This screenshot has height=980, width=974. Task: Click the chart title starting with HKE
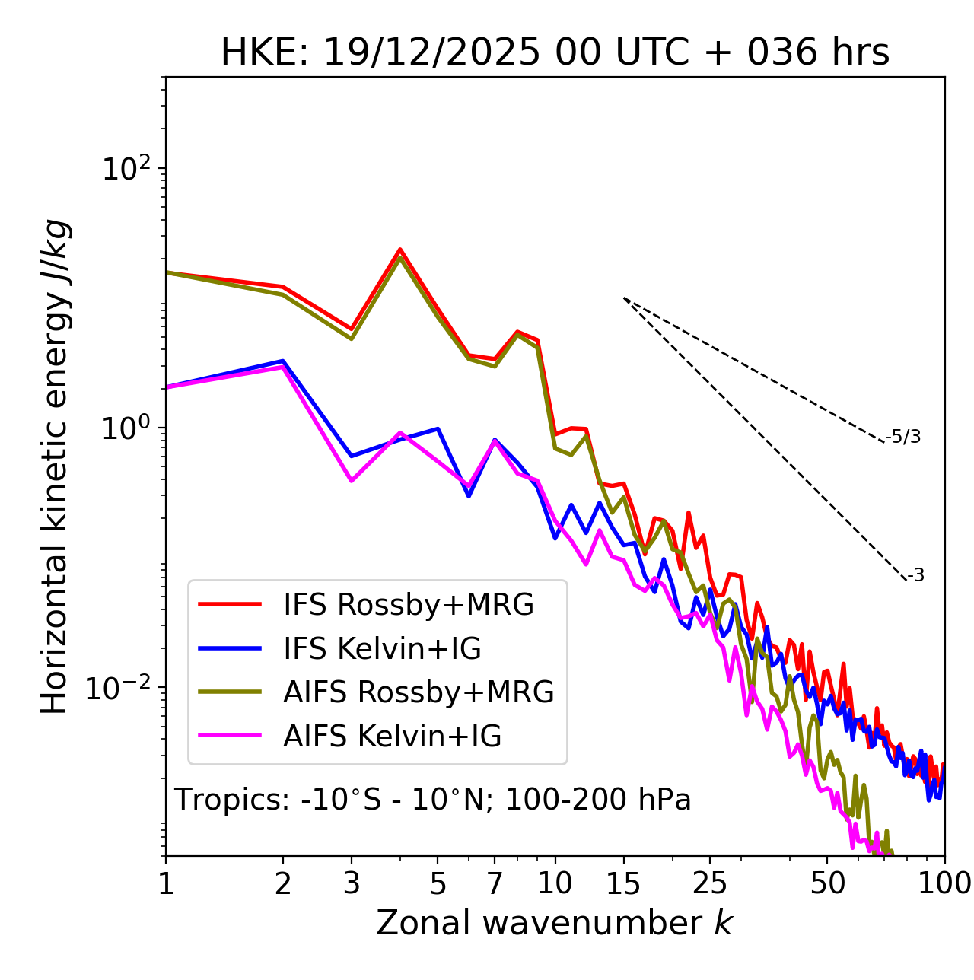click(555, 53)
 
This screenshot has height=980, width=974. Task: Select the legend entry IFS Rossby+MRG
click(408, 605)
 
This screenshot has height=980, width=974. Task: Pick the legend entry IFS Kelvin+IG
click(382, 648)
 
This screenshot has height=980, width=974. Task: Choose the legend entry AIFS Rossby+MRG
click(419, 692)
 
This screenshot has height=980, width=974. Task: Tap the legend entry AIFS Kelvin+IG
click(392, 737)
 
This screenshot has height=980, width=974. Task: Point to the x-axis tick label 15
click(624, 884)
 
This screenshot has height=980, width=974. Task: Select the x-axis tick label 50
click(827, 884)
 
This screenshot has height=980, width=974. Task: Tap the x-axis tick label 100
click(944, 884)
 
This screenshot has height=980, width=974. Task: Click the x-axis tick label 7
click(495, 884)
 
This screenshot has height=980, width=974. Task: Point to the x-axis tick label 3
click(352, 884)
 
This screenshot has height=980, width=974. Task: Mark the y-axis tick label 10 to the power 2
click(127, 169)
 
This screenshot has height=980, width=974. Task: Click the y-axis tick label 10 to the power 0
click(127, 428)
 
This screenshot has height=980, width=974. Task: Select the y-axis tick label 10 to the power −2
click(122, 688)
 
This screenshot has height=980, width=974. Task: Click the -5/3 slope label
click(903, 437)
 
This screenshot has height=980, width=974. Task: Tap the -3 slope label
click(915, 576)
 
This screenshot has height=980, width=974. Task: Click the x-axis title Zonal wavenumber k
click(554, 924)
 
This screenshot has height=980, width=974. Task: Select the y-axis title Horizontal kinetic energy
click(56, 466)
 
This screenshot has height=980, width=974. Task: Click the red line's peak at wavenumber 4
click(399, 250)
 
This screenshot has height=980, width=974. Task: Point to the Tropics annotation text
click(432, 800)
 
